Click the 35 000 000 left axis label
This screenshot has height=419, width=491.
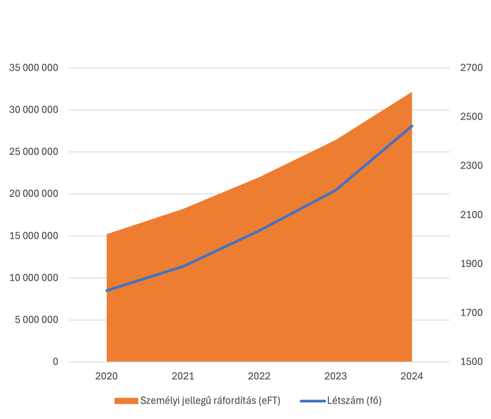pos(34,68)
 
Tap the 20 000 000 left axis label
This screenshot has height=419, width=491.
pos(34,194)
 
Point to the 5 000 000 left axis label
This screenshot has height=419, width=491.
pos(37,320)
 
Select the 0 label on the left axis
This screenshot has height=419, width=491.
pos(56,362)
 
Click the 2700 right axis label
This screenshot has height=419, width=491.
pos(471,68)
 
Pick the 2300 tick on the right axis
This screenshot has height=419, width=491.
pos(471,166)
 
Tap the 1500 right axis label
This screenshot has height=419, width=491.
pos(471,362)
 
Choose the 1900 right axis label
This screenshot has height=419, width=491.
pos(471,264)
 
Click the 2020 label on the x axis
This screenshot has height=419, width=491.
pos(107,376)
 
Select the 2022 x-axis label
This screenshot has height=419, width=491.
pos(259,376)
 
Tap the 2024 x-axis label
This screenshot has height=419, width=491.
pos(412,376)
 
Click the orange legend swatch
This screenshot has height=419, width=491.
pos(126,401)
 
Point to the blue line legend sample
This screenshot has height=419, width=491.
pos(313,401)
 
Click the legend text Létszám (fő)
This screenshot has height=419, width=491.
pos(354,401)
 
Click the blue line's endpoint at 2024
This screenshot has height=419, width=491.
pos(412,126)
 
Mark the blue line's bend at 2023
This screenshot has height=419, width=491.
pos(335,190)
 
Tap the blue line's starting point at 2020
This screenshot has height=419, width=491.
pos(107,291)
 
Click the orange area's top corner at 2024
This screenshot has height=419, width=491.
pos(412,92)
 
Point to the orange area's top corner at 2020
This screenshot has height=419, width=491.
pos(107,234)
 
